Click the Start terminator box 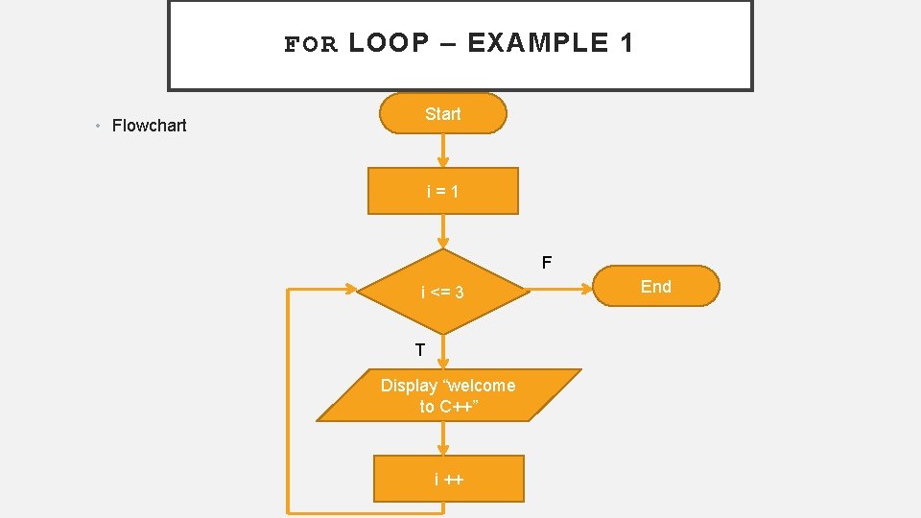coord(442,113)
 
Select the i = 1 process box coord(442,191)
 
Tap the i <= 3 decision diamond coord(442,292)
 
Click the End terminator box coord(655,286)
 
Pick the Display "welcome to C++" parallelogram coord(448,395)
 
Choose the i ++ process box coord(448,479)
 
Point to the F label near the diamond coord(546,262)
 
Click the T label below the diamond coord(420,349)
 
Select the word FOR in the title coord(312,44)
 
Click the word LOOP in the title coord(390,43)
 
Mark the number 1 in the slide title coord(626,43)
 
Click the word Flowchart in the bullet coord(149,126)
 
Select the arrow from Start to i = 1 coord(442,150)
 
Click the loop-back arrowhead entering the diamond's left coord(350,288)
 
